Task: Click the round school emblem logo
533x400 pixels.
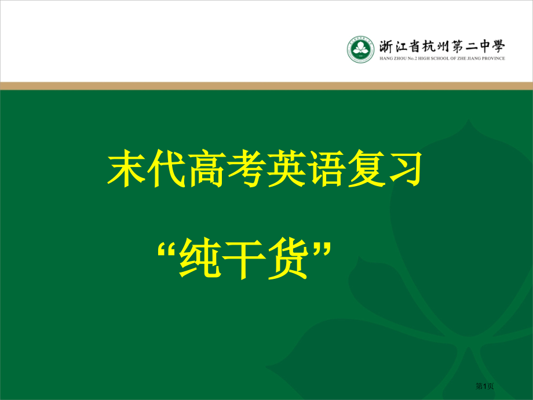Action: tap(360, 49)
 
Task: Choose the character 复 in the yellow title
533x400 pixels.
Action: tap(364, 169)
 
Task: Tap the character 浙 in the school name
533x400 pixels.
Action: tap(386, 45)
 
